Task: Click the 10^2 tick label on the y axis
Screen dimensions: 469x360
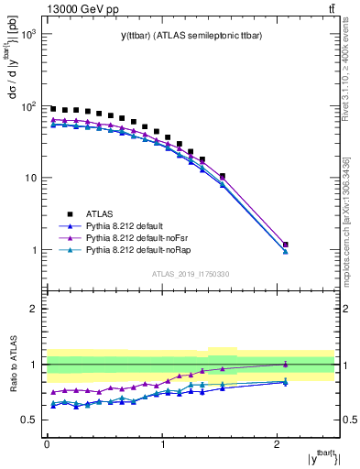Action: tap(30, 106)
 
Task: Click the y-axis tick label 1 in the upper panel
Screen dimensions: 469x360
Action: tap(35, 250)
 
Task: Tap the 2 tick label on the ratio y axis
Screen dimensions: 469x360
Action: tap(35, 309)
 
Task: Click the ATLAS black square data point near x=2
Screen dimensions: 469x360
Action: tap(286, 245)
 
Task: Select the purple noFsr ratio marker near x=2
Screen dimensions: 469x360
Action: tap(286, 364)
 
